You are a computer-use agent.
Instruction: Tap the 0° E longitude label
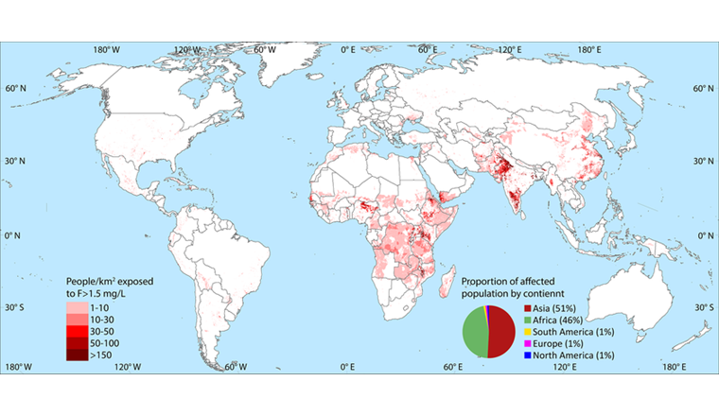pyautogui.click(x=347, y=48)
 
